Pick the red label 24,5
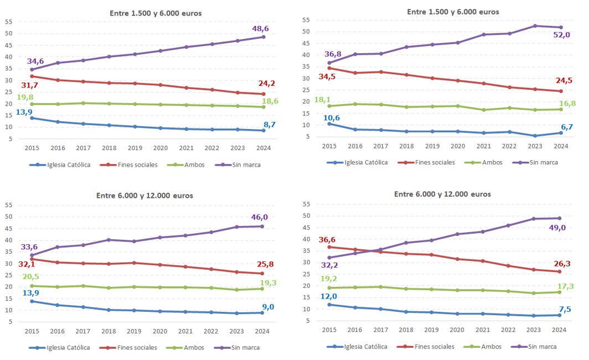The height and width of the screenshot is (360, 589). pyautogui.click(x=563, y=80)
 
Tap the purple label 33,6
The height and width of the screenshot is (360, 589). pyautogui.click(x=29, y=247)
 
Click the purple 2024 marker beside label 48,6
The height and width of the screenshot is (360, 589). pyautogui.click(x=263, y=37)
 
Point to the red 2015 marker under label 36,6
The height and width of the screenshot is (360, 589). pyautogui.click(x=329, y=246)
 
